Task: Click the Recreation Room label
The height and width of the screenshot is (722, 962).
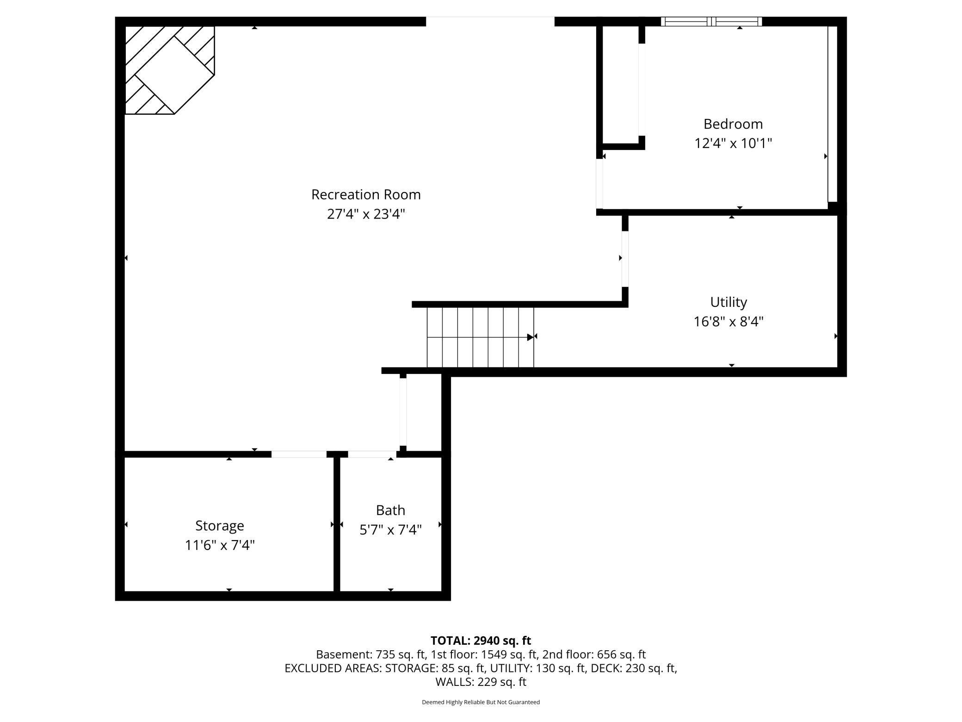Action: tap(366, 194)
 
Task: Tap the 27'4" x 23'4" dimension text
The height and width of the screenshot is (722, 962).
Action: tap(366, 214)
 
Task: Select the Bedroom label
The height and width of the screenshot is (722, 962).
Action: tap(733, 124)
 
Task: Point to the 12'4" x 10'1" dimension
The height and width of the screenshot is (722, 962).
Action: tap(733, 143)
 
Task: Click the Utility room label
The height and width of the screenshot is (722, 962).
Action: tap(728, 302)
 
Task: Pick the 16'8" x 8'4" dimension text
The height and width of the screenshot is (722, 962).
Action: tap(728, 322)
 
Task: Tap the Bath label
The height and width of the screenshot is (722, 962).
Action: tap(390, 510)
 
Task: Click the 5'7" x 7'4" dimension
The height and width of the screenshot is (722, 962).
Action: tap(390, 529)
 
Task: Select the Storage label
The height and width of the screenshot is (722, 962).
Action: tap(220, 526)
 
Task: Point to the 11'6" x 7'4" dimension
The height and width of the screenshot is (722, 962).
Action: tap(220, 545)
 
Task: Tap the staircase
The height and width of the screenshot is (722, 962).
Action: tap(480, 337)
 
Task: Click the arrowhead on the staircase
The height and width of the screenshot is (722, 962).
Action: tap(530, 337)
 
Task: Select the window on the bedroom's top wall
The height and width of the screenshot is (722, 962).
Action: tap(711, 21)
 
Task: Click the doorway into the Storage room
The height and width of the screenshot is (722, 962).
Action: tap(299, 454)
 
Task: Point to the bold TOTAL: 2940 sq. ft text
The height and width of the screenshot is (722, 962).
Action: tap(481, 641)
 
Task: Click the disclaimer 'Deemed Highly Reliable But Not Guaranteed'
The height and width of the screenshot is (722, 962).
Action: tap(481, 702)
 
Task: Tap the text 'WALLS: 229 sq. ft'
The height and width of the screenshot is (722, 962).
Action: tap(481, 682)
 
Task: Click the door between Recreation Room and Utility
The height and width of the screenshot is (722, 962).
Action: tap(625, 259)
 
